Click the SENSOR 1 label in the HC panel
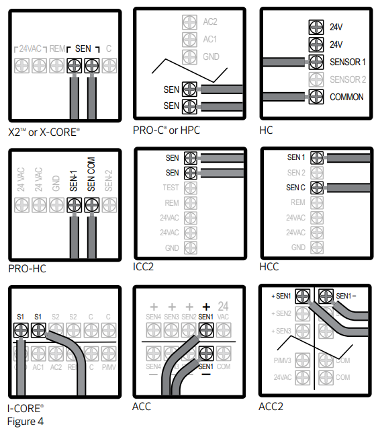347,62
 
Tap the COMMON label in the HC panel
346,97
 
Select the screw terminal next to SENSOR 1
313,62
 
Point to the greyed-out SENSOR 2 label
347,79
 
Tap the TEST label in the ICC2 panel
171,188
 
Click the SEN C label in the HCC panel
296,187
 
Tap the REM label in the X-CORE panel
57,48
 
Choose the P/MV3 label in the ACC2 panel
283,360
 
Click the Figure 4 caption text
26,420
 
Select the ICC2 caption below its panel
144,267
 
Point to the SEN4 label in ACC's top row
154,316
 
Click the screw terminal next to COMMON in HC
313,97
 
